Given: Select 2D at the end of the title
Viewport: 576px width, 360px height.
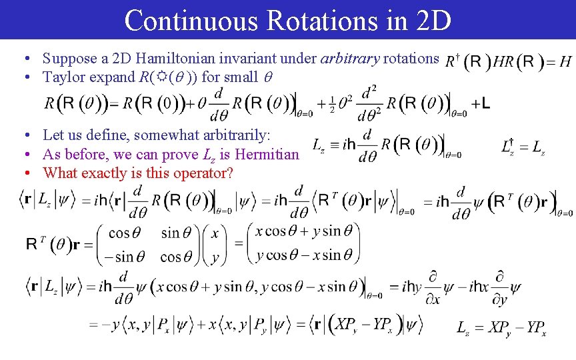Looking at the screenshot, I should [433, 20].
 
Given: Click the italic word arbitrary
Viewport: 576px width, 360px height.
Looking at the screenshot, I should [349, 58].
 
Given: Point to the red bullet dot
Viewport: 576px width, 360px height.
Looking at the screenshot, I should [29, 173].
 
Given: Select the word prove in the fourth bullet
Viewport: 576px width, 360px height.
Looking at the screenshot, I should [182, 155].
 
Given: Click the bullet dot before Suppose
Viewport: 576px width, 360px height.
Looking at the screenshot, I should [29, 59].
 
